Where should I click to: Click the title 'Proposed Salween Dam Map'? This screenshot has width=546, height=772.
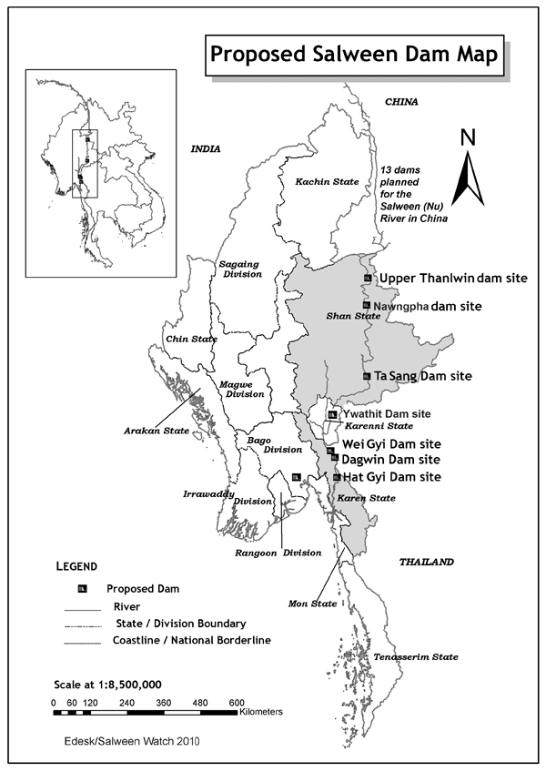pos(354,54)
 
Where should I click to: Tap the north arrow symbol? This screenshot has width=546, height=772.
pos(468,168)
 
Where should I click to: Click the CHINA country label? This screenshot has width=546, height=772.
pos(400,102)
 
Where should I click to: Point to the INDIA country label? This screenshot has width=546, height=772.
pos(206,148)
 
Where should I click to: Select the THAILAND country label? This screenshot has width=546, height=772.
pos(426,563)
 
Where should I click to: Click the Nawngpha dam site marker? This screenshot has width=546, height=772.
pos(366,305)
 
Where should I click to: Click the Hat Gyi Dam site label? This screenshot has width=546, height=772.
pos(391,477)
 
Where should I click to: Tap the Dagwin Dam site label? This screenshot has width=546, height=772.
pos(390,460)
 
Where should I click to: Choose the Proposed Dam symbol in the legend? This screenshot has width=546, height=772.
pos(83,588)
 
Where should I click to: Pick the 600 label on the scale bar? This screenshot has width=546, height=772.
pos(236,703)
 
